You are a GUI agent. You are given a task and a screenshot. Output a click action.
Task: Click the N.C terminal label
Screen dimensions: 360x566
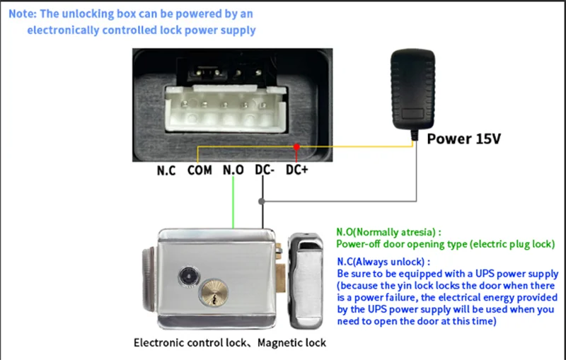pos(166,170)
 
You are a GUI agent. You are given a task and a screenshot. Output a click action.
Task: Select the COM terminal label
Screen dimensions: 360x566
pos(200,170)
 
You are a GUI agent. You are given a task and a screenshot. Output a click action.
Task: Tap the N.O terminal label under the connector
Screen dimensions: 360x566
pos(234,170)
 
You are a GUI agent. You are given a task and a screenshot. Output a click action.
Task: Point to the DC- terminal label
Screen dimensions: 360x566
pos(265,170)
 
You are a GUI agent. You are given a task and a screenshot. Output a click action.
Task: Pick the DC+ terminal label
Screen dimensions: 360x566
pos(297,170)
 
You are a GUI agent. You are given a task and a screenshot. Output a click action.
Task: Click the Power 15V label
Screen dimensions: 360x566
pos(463,139)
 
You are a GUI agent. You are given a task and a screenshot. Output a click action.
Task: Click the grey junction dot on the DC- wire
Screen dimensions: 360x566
pos(263,202)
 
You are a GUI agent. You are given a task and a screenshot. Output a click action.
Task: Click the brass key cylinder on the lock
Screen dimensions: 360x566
pos(214,292)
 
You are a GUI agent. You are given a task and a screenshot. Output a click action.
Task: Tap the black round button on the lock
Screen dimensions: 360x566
pos(190,274)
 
